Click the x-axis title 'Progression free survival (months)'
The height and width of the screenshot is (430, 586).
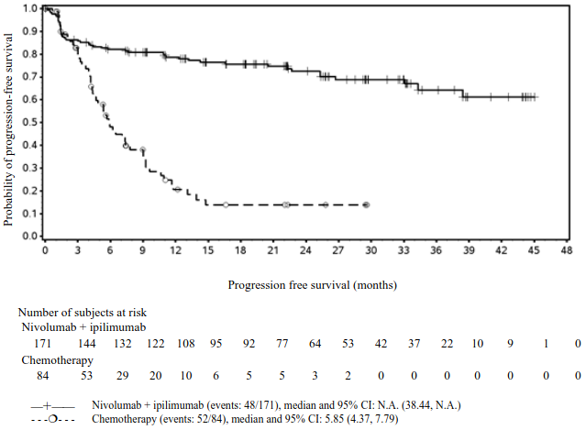click(313, 285)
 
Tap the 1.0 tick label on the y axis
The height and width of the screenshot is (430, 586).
click(30, 8)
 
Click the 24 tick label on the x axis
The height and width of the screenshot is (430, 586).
click(304, 251)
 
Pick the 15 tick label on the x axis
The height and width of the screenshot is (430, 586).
click(207, 251)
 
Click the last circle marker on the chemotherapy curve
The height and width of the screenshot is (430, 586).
click(366, 204)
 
